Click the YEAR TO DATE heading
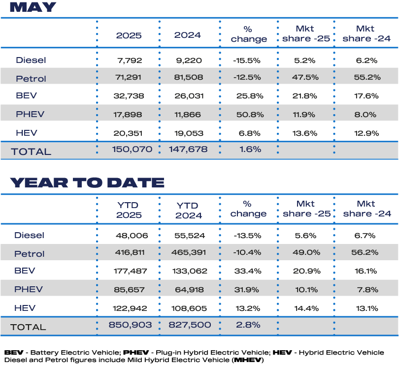tap(87, 182)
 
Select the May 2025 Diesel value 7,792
tap(129, 61)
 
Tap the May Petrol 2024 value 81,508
tap(188, 78)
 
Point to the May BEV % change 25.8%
tap(247, 96)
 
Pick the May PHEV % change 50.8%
tap(247, 114)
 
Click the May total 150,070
tap(129, 150)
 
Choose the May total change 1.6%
tap(248, 150)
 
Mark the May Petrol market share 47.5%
tap(305, 78)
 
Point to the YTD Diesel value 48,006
tap(129, 236)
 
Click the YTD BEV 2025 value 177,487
tap(129, 272)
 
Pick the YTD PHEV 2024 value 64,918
tap(188, 289)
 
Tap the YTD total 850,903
tap(129, 325)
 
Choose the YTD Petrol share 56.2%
tap(366, 253)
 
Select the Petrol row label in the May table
tap(31, 79)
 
